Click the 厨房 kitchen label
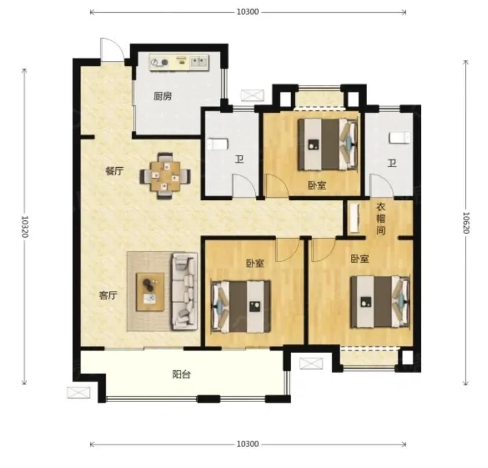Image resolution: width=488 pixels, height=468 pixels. [163, 96]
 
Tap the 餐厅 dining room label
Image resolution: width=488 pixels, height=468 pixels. [115, 171]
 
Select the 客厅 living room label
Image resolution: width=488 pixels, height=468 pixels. [108, 295]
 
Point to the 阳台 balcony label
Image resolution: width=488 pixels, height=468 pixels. [181, 374]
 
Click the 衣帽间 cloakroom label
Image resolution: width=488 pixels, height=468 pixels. [381, 219]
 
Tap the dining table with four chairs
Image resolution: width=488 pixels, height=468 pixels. [165, 176]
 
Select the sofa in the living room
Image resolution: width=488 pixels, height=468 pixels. [185, 292]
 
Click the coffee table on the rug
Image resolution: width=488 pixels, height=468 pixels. [150, 292]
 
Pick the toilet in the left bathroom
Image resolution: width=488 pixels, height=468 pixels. [218, 144]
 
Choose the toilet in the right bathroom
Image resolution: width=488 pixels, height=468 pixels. [399, 138]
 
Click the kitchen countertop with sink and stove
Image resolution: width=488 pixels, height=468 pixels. [179, 62]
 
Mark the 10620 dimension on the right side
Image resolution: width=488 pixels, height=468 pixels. [466, 223]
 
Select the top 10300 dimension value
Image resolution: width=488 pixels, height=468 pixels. [248, 12]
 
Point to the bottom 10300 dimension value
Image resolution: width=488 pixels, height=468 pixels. [248, 444]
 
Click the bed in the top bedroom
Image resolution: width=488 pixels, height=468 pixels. [328, 145]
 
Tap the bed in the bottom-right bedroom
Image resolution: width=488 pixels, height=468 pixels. [380, 301]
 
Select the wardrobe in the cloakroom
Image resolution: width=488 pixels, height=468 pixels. [354, 218]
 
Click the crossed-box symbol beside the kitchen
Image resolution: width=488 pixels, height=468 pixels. [253, 95]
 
